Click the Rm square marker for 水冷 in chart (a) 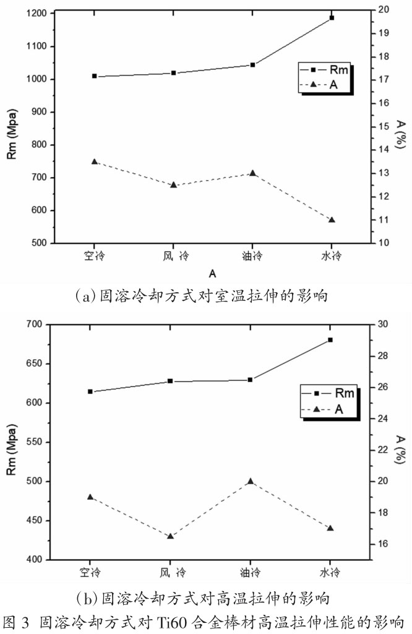click(x=332, y=18)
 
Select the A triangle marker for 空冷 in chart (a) click(x=95, y=162)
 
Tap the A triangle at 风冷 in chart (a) click(x=173, y=185)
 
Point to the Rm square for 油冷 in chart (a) click(x=252, y=64)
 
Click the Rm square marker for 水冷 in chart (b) click(x=330, y=340)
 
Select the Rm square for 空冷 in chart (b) click(x=90, y=391)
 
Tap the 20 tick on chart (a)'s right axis click(x=383, y=9)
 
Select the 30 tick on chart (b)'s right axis click(x=383, y=324)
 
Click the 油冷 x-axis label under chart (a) click(x=252, y=255)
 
